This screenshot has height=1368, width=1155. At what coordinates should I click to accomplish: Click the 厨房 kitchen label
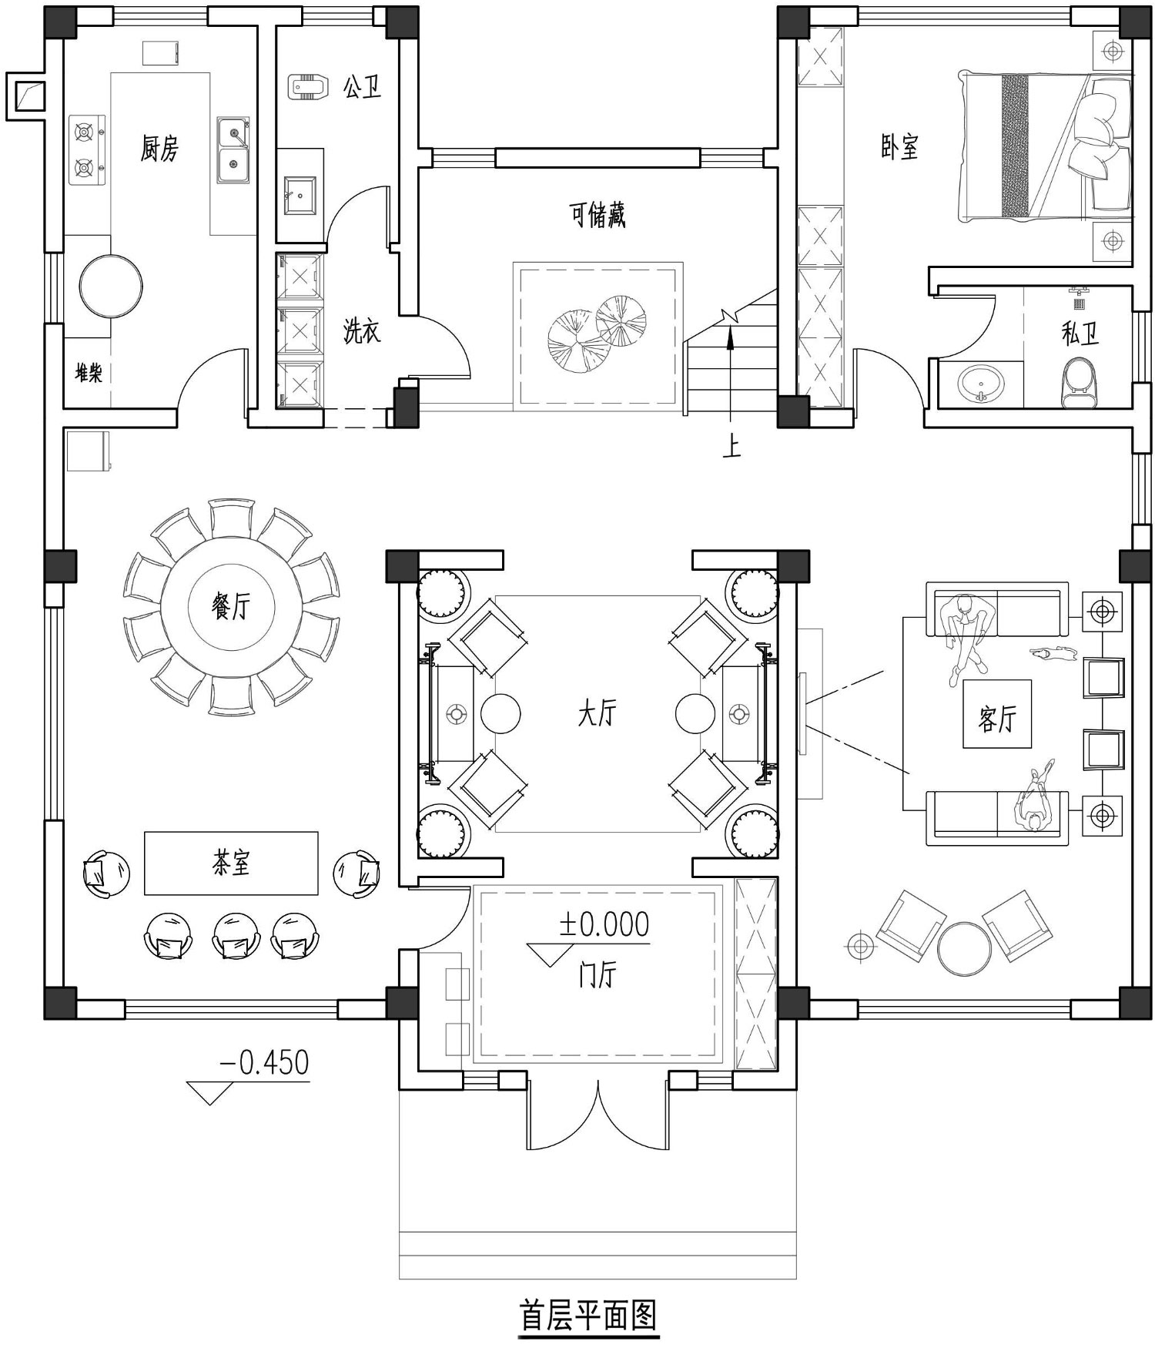tap(159, 148)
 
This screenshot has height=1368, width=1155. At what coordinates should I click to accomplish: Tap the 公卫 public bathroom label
tap(363, 86)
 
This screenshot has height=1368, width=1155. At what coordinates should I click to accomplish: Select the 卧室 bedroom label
tap(900, 146)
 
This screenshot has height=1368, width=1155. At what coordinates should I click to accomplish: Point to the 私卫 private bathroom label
tap(1080, 334)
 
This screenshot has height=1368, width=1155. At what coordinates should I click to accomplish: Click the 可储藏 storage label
tap(598, 215)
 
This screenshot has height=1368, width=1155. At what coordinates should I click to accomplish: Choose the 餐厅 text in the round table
tap(231, 607)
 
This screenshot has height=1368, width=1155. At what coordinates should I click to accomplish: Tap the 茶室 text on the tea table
tap(231, 863)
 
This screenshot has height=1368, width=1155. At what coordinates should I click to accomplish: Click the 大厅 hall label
tap(598, 713)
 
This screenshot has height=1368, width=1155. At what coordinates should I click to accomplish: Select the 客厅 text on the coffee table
tap(997, 719)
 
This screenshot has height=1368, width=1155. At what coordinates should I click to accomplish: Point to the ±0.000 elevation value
tap(604, 924)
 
